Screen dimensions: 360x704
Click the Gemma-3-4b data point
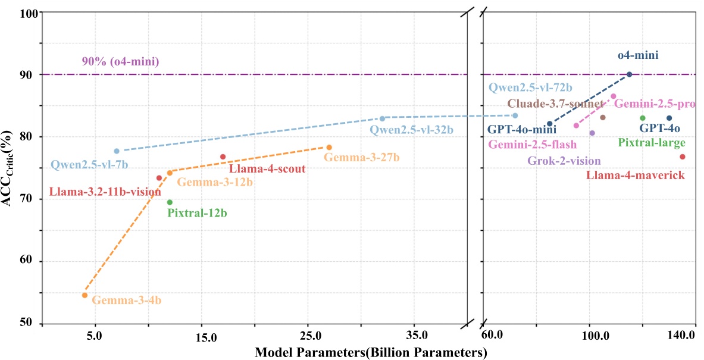85,295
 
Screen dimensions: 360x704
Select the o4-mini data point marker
630,74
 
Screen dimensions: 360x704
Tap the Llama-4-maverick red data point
683,156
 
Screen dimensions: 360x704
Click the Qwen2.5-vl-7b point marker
117,151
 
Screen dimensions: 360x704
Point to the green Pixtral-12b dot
170,202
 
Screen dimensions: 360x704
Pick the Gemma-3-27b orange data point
329,147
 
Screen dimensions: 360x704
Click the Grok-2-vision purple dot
592,133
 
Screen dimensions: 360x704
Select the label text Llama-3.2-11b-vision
105,192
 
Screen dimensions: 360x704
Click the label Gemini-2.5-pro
655,104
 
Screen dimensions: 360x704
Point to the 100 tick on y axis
27,12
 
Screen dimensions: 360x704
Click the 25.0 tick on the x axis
308,336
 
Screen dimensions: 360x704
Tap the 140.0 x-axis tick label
682,336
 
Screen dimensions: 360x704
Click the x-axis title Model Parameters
371,352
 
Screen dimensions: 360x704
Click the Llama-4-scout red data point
223,156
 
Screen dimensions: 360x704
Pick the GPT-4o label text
659,128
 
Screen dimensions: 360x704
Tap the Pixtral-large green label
652,143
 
